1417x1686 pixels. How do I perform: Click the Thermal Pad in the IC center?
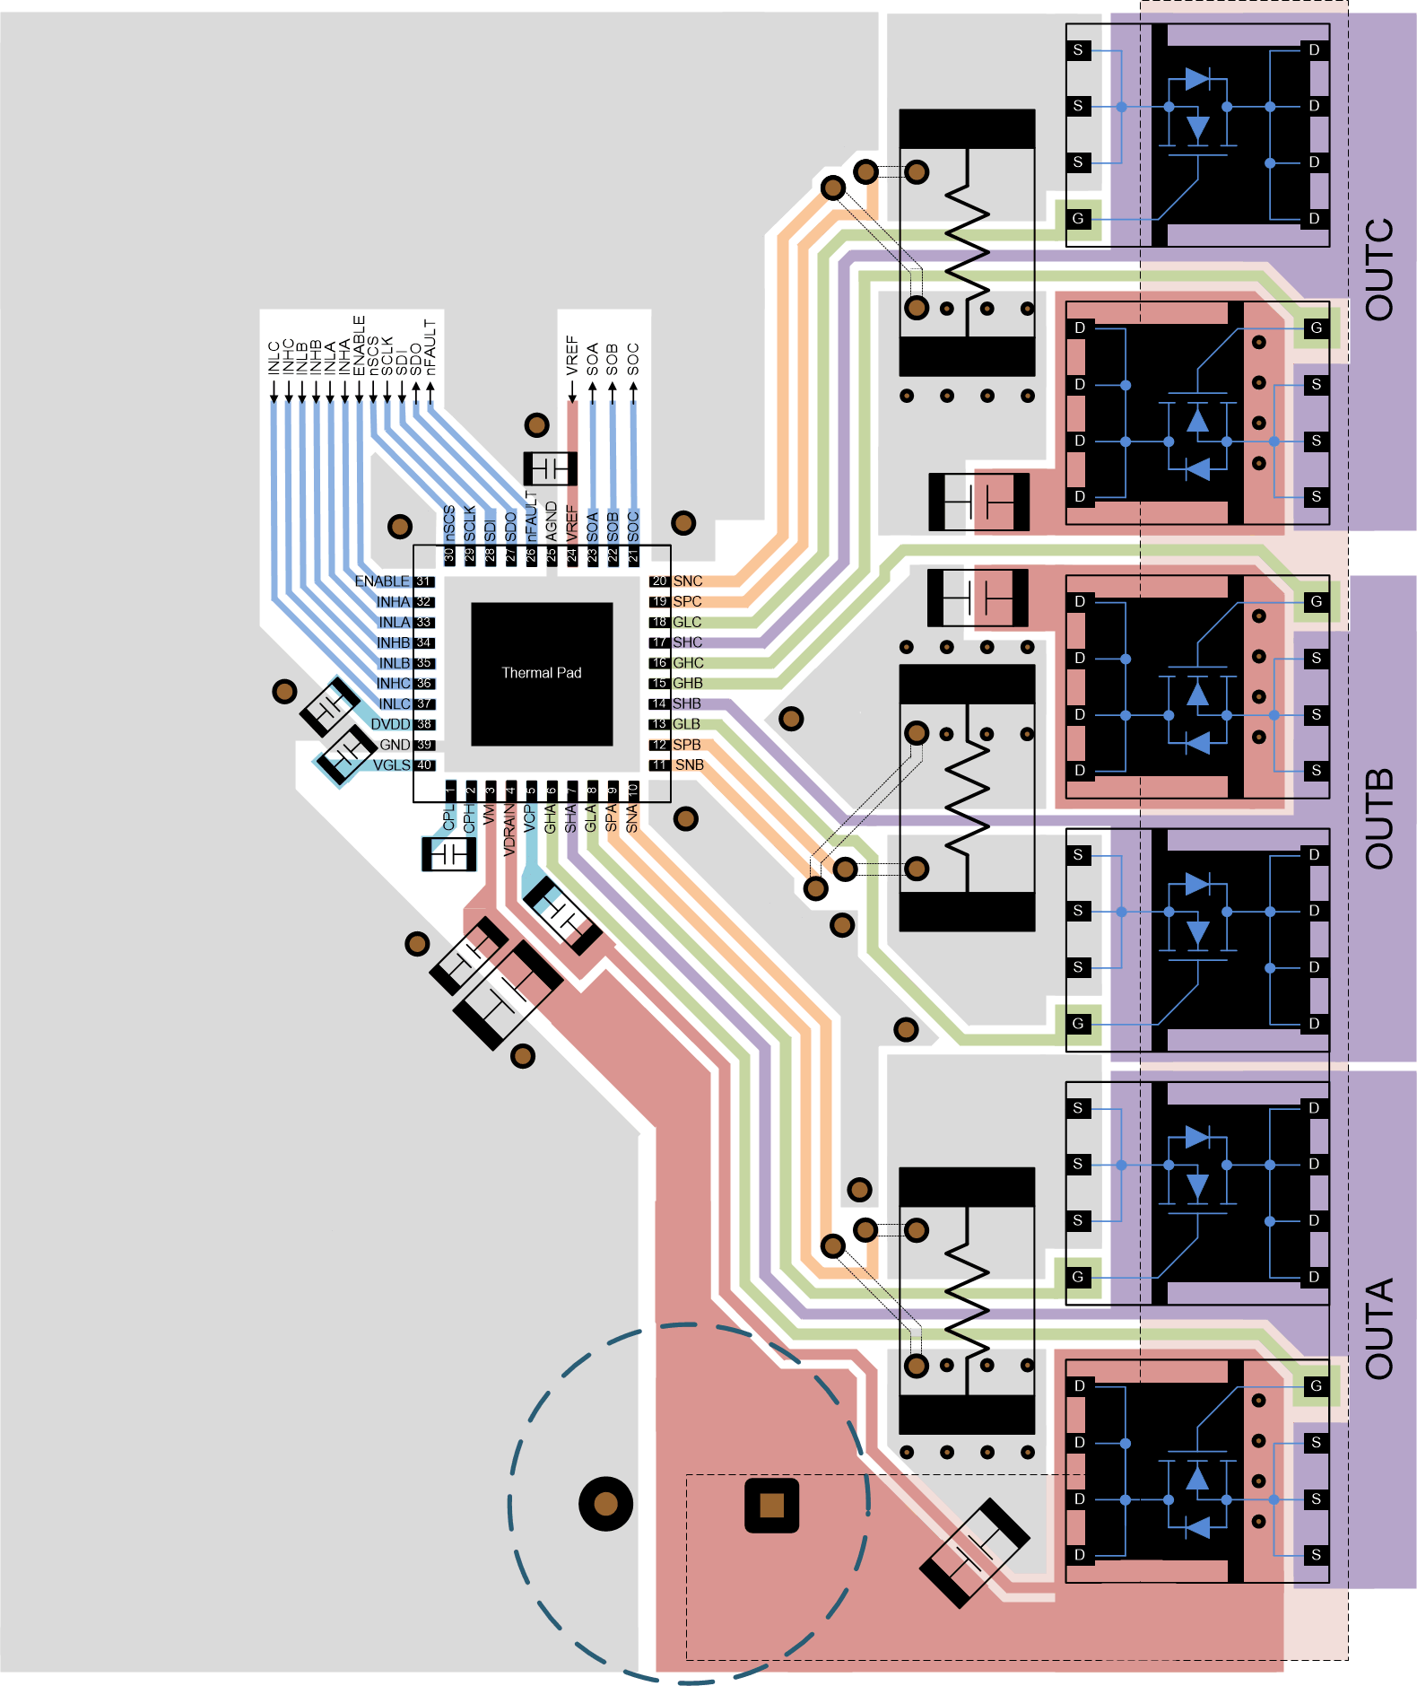tap(542, 673)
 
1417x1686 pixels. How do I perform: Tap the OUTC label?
tap(1379, 269)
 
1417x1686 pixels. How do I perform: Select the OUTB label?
tap(1379, 818)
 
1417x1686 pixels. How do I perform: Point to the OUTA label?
tap(1379, 1328)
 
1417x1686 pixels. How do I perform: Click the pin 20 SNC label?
tap(687, 581)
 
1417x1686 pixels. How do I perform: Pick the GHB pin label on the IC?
tap(688, 684)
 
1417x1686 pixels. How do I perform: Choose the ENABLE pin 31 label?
tap(382, 581)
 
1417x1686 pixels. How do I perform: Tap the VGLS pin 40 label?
tap(392, 765)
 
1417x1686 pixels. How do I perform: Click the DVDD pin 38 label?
tap(390, 724)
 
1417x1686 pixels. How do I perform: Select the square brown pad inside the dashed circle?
tap(771, 1505)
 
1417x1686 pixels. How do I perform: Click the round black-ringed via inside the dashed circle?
tap(606, 1504)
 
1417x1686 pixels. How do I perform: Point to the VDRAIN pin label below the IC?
tap(509, 830)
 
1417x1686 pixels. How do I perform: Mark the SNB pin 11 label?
tap(689, 765)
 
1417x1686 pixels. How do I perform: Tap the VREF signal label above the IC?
tap(572, 354)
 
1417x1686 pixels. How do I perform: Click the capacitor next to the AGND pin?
tap(550, 468)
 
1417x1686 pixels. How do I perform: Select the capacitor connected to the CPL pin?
tap(448, 854)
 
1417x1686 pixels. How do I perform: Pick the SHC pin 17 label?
tap(688, 642)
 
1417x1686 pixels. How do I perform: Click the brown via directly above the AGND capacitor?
tap(536, 424)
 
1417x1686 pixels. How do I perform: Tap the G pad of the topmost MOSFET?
tap(1078, 218)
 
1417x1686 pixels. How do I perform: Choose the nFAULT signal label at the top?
tap(430, 346)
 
